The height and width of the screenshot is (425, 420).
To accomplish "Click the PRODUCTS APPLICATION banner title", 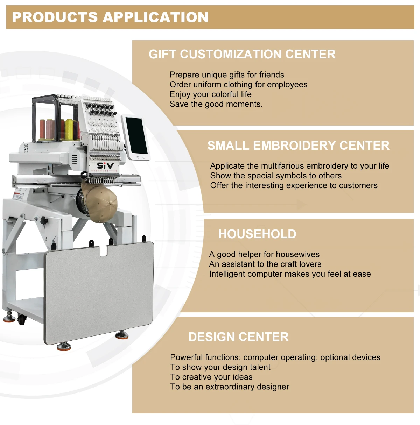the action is pos(110,17).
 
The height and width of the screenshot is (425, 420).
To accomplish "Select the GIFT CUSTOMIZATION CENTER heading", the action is pos(242,54).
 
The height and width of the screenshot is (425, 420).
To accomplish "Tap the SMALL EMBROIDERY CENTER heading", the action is pos(298,146).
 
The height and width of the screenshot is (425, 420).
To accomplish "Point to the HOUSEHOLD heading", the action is pos(257,234).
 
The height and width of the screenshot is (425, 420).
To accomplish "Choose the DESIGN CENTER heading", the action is pos(238,337).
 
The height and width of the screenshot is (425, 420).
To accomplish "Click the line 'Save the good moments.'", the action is pos(216,104).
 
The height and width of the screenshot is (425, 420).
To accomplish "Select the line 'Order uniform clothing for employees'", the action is pos(238,85).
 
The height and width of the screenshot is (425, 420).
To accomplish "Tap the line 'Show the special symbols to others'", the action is pos(276,176).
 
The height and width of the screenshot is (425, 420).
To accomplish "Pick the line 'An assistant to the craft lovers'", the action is pos(265,264).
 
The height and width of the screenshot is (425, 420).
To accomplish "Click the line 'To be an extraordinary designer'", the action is pos(230,387).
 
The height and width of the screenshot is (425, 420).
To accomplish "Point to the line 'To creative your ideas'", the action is pos(211,377).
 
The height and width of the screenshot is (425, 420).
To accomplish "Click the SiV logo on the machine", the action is pos(105,165).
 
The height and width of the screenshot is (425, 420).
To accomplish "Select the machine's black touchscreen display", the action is pos(136,136).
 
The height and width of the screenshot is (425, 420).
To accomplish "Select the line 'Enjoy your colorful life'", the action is pos(210,94).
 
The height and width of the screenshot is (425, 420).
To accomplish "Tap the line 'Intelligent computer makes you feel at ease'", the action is pos(290,274).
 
